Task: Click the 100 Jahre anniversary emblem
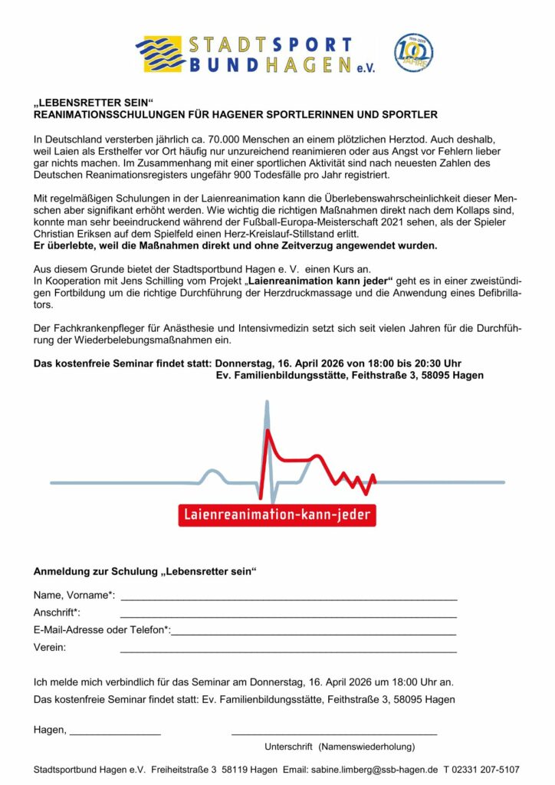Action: tap(414, 53)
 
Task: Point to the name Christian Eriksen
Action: tap(74, 233)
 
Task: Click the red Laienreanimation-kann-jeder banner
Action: tap(277, 514)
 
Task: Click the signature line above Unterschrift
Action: tap(334, 734)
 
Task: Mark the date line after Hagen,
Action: tap(115, 734)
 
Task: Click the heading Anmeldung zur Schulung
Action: tap(145, 572)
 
